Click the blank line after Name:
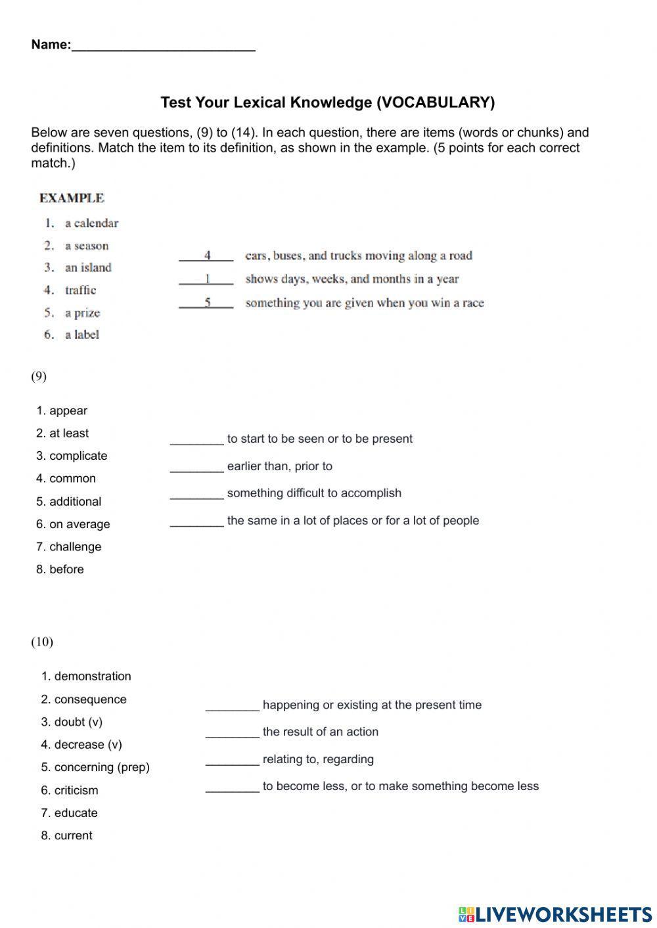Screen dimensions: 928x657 tap(163, 46)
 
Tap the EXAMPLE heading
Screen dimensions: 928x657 tap(72, 198)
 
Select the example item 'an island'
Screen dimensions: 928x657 tap(88, 267)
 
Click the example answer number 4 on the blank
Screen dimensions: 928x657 tap(207, 255)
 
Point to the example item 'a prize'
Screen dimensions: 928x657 tap(82, 313)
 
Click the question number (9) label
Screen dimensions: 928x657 tap(39, 376)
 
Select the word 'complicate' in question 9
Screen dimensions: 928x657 tap(78, 456)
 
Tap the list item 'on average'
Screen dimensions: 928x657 tap(79, 524)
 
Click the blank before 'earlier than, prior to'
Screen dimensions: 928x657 tap(196, 466)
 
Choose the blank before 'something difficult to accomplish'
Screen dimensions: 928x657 tap(196, 494)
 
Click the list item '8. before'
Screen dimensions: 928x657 tap(60, 569)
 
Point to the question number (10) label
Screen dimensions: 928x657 tap(42, 642)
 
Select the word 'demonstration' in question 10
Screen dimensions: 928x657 tap(93, 676)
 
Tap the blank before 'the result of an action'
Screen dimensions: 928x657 tap(232, 732)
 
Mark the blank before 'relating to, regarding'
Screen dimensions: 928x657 tap(232, 760)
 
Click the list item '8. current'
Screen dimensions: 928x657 tap(67, 835)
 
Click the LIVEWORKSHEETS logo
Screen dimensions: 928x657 tap(555, 914)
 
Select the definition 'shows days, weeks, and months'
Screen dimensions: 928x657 tap(351, 279)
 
